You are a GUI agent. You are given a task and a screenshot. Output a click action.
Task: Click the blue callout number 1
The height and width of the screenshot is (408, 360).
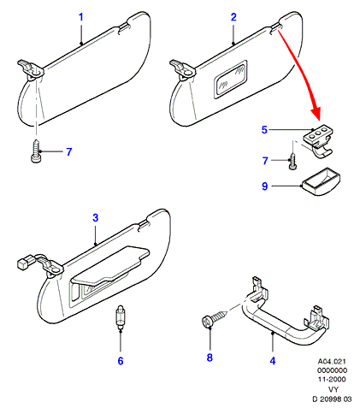click(x=81, y=17)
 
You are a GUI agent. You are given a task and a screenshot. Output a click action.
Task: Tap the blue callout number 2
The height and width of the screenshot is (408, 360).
click(x=233, y=17)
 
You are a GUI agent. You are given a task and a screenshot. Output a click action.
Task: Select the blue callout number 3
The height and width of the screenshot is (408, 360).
click(x=96, y=218)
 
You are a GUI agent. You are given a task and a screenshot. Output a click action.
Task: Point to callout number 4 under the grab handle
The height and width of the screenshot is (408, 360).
click(x=273, y=361)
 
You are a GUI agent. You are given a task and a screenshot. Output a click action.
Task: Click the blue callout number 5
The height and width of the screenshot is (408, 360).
click(x=264, y=130)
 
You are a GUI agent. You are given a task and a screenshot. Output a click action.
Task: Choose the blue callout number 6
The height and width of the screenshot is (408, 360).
click(x=121, y=361)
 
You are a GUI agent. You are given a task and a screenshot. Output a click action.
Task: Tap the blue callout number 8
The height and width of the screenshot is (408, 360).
click(x=210, y=358)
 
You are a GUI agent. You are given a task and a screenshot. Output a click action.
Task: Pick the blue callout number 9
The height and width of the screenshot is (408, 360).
click(x=265, y=186)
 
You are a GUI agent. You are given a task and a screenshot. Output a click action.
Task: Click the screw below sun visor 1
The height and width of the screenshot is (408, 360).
click(x=36, y=151)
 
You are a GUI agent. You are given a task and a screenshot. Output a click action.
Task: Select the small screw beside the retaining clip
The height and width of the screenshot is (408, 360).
click(x=292, y=162)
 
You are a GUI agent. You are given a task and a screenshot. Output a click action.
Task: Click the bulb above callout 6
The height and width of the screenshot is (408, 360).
click(x=121, y=318)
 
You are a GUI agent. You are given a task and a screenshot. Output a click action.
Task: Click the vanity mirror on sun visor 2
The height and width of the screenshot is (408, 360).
click(x=230, y=80)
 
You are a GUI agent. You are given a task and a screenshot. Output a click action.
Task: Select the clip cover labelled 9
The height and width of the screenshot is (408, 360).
click(x=322, y=181)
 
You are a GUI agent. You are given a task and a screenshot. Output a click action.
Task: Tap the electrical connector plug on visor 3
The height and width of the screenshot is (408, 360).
click(x=23, y=262)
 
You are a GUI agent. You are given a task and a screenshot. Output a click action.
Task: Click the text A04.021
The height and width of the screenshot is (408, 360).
click(x=332, y=362)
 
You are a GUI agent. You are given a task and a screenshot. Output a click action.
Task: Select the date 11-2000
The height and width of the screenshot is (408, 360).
click(x=332, y=379)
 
